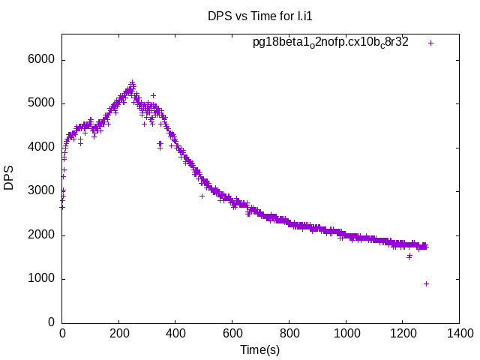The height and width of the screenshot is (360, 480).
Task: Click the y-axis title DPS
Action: (x=9, y=178)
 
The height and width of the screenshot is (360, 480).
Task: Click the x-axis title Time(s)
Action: (x=259, y=350)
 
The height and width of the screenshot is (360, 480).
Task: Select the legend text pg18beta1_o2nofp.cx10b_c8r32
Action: (x=330, y=43)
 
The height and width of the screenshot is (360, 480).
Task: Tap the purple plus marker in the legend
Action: (x=430, y=43)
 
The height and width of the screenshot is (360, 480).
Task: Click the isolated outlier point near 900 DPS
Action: (x=426, y=283)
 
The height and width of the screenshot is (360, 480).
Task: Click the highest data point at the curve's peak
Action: (x=132, y=82)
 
